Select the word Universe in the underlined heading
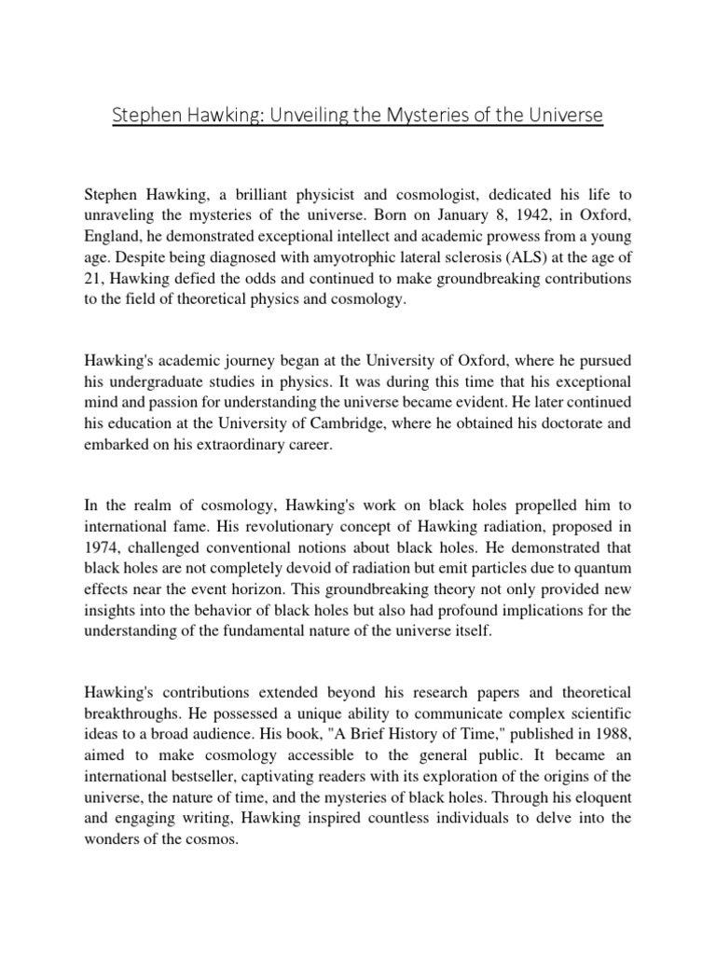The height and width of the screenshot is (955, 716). [x=562, y=116]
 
